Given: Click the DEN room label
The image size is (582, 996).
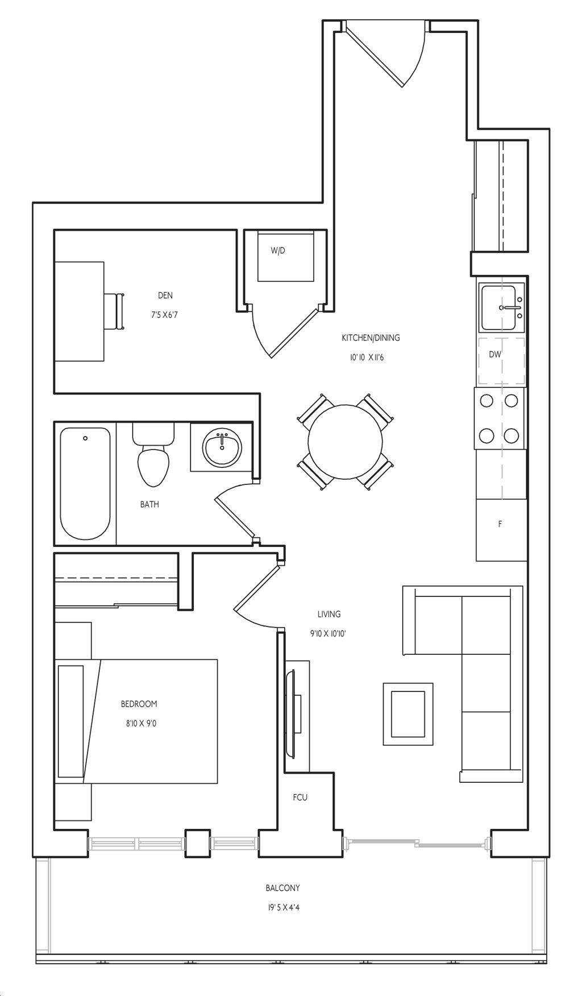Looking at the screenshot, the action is (165, 296).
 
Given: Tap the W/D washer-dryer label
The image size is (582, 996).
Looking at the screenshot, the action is (278, 250).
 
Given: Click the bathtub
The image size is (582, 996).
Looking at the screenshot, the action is (85, 484).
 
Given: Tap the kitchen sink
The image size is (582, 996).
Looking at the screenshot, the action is (502, 308).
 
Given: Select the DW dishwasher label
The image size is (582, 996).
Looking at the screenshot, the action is (495, 354).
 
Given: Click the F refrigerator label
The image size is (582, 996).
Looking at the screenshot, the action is (500, 524).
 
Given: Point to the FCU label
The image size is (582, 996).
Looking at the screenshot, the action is (300, 798).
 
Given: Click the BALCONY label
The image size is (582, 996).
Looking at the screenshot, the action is (282, 888).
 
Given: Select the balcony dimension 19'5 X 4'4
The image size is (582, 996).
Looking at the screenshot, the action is (283, 908).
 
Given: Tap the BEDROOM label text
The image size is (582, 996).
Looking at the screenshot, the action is (139, 704).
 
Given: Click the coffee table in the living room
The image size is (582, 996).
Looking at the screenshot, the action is (408, 713).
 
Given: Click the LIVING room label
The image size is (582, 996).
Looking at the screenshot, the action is (329, 614).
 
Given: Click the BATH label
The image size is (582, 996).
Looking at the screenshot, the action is (149, 504).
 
